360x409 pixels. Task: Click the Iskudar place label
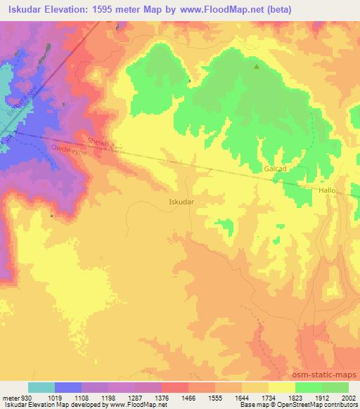181,201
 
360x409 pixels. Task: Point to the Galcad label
276,169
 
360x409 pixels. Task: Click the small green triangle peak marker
256,67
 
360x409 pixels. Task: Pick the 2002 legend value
347,397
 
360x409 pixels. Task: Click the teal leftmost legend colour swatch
41,387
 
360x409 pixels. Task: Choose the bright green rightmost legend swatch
335,387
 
